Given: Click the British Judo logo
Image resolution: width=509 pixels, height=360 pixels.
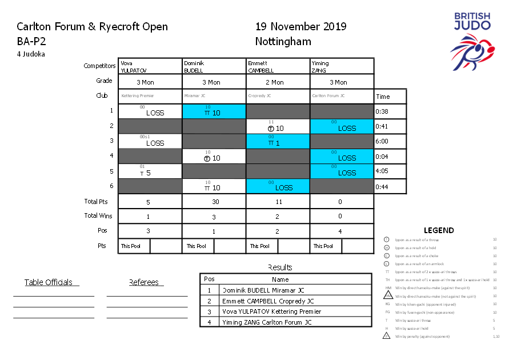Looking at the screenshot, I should coord(472,45).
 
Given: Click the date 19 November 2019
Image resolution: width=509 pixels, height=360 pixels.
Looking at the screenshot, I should coord(300,26).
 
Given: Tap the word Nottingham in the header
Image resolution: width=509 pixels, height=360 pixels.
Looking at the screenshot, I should coord(283,41).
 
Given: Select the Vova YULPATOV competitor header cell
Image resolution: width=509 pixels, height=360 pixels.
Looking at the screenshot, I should coord(150,66).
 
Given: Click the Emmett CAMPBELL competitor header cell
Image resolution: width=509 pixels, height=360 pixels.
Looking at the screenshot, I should coord(278,66).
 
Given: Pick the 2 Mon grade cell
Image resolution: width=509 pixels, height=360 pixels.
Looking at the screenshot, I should coord(278,82).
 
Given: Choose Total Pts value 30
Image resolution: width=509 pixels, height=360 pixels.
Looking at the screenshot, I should coord(214,202).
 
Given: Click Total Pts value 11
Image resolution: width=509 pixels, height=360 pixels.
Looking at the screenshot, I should coord(277,202).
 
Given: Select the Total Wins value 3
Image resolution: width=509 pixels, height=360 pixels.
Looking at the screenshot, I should coord(214,217).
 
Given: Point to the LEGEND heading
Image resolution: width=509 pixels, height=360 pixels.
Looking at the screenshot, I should coord(439,230).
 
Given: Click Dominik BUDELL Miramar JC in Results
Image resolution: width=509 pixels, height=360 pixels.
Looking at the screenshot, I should coord(263,290).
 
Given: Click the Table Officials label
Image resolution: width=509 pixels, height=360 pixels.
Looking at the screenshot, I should coord(49,282).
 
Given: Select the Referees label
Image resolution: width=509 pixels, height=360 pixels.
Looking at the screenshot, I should coord(145,282).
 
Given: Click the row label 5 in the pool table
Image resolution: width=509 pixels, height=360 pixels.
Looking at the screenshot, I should coord(111,171).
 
